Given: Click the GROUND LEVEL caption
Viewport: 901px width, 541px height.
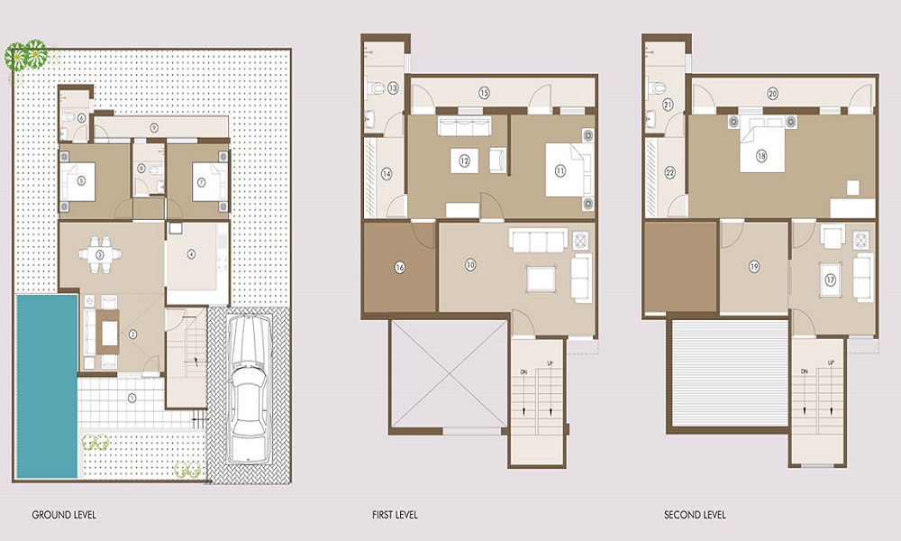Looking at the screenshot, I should [x=64, y=516].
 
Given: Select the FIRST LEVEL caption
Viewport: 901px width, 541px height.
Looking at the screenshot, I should [x=395, y=516].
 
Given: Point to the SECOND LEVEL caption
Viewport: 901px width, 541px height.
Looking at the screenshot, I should [x=696, y=516].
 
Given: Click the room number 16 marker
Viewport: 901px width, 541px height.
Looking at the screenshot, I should [x=399, y=267].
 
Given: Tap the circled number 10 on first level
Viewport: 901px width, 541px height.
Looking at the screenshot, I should [x=470, y=264].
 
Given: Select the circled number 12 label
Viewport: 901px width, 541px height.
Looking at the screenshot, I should [x=465, y=161].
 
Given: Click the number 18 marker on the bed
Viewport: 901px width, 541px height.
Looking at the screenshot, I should [x=761, y=156].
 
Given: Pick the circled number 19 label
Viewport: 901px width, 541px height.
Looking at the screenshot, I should [x=754, y=266].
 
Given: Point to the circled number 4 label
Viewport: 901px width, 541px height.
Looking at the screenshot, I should [x=191, y=254].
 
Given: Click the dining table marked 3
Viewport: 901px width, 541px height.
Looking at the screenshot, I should [x=99, y=254].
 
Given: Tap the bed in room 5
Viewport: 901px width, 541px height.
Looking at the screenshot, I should [x=82, y=180].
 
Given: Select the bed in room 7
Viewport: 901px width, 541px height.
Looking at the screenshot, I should [x=203, y=180].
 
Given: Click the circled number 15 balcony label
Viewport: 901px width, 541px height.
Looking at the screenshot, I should [x=484, y=93].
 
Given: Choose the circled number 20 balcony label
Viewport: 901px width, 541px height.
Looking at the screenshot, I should [x=773, y=93].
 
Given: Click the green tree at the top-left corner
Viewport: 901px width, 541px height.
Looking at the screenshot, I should [x=26, y=56].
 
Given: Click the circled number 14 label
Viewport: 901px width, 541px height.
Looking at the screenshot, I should [x=386, y=174].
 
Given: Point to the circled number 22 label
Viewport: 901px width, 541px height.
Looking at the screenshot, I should [x=669, y=173].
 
